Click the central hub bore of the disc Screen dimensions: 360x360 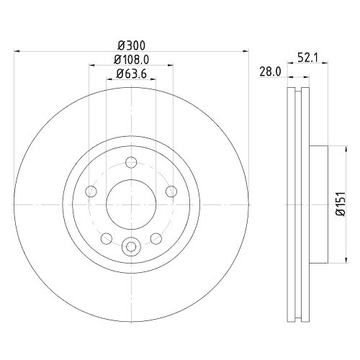click(x=131, y=204)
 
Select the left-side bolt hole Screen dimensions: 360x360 click(x=91, y=191)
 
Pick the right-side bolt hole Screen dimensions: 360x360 click(x=171, y=191)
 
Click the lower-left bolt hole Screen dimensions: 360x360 click(x=106, y=238)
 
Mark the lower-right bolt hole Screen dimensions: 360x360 click(x=156, y=238)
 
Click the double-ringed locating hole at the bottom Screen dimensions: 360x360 click(x=131, y=247)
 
